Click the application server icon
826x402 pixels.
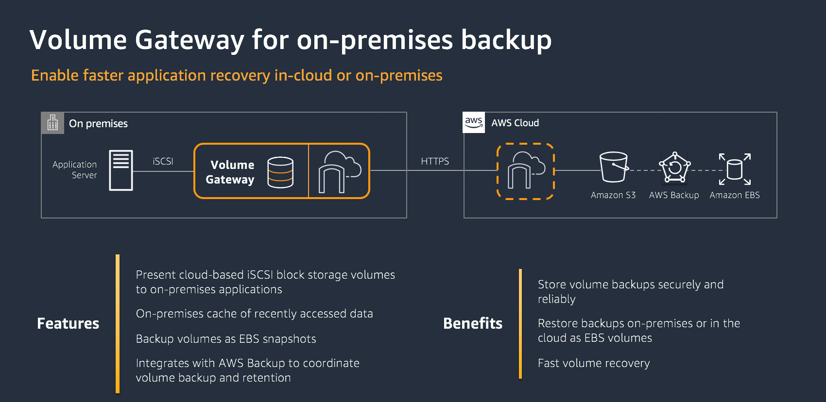(x=121, y=170)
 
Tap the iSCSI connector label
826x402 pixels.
(x=163, y=161)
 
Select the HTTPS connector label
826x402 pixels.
(x=435, y=161)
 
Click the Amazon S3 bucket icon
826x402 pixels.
(x=614, y=167)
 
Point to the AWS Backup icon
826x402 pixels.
(x=674, y=167)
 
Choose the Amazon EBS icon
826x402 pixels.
(x=735, y=168)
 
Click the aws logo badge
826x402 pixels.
(x=474, y=122)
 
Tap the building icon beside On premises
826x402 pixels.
(x=52, y=123)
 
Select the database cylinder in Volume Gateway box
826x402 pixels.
(x=280, y=172)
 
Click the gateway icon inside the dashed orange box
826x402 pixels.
(x=525, y=170)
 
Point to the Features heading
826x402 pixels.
(x=68, y=323)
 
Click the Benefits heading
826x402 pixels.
(x=473, y=323)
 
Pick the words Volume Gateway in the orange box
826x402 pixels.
(x=231, y=172)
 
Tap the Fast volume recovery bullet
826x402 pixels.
(x=593, y=363)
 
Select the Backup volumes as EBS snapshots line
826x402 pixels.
(x=226, y=339)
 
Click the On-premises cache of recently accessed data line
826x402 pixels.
(x=254, y=314)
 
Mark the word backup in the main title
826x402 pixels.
(x=506, y=40)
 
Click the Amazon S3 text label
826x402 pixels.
(x=613, y=195)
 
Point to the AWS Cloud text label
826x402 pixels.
(x=515, y=123)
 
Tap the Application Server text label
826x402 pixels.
(x=75, y=170)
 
